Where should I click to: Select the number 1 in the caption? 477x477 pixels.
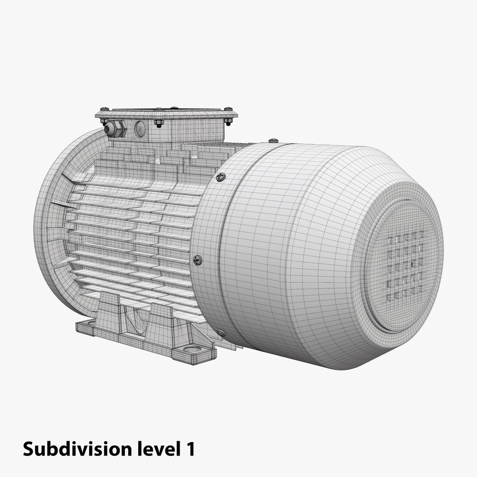coord(189,449)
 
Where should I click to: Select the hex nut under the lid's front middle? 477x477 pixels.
coord(159,123)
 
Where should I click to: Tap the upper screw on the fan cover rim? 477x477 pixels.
coord(220,177)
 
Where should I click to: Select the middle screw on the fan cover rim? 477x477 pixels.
coord(198,260)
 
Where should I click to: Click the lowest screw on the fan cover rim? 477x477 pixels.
coord(221,333)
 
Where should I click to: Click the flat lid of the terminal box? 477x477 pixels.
coord(166,113)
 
